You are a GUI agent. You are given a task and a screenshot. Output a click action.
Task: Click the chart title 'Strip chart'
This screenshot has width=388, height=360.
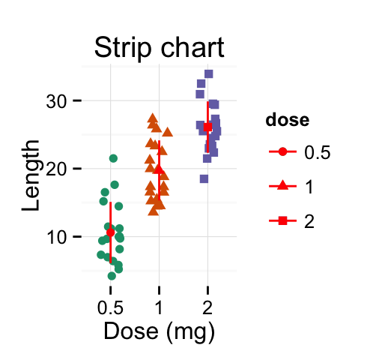[x=159, y=49]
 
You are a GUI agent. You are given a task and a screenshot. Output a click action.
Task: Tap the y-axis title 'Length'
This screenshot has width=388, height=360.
[x=31, y=178]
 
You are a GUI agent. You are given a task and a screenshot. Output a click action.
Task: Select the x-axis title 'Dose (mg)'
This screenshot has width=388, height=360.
[x=159, y=330]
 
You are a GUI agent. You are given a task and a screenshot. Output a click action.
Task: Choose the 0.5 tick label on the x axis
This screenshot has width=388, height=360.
[x=110, y=307]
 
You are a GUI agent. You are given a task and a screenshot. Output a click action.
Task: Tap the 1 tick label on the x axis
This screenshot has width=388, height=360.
[x=159, y=307]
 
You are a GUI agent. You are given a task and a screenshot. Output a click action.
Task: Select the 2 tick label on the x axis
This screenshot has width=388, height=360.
[x=207, y=307]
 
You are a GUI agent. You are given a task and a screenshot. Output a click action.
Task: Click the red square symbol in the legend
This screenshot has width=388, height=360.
[x=282, y=220]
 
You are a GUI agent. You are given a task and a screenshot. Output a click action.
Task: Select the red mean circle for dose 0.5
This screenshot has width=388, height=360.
[x=110, y=232]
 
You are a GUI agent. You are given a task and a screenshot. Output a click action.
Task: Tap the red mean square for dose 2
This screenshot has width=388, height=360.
[x=207, y=127]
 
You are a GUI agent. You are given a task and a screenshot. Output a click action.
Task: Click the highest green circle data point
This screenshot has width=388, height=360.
[x=113, y=158]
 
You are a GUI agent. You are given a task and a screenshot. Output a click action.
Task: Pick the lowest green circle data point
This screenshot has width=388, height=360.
[x=112, y=276]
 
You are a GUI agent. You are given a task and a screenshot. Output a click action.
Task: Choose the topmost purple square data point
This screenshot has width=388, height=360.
[x=208, y=73]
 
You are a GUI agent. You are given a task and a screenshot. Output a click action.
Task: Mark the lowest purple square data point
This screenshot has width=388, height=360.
[x=204, y=178]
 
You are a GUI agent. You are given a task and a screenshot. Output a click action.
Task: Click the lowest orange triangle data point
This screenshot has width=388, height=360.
[x=153, y=211]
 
